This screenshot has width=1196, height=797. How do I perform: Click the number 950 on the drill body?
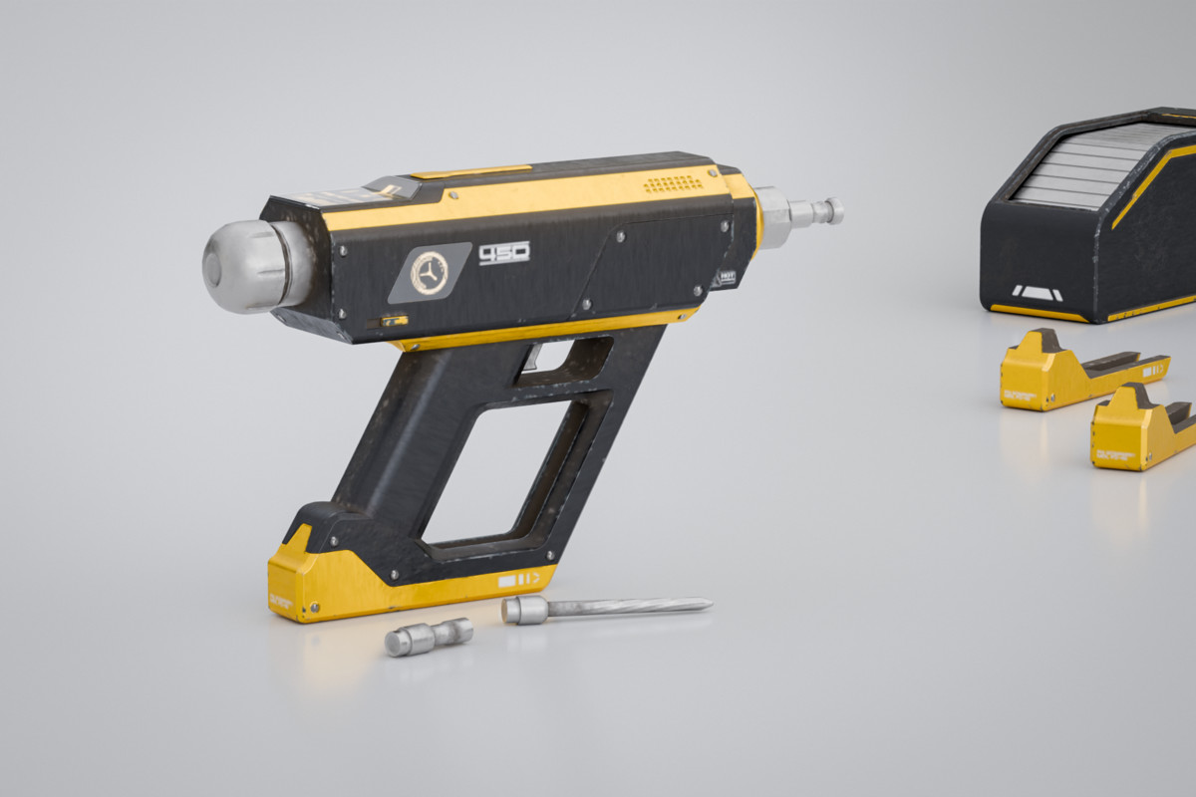coord(504,254)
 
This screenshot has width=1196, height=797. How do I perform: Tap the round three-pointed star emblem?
coord(430,273)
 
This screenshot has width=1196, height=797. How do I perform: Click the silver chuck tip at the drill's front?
coord(812,211)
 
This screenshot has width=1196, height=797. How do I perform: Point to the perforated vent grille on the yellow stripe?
coord(673,184)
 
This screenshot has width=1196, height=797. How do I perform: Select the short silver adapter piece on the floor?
coord(429,636)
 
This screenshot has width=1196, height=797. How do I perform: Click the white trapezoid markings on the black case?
coord(1037,293)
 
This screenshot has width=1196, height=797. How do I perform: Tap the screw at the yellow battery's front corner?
coord(316,605)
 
